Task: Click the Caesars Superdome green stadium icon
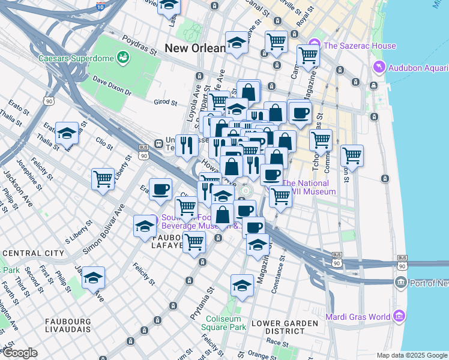(124, 58)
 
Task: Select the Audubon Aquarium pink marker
(378, 66)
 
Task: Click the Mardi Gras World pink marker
(399, 316)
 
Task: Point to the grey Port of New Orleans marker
(401, 282)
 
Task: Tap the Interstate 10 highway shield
(99, 7)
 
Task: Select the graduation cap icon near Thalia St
(67, 134)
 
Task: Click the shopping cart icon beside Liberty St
(103, 179)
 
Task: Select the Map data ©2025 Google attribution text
(411, 355)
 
